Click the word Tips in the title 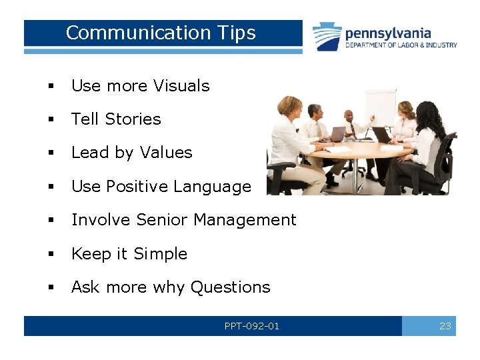(x=236, y=33)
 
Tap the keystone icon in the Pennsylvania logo (x=327, y=36)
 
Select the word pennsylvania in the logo (x=388, y=33)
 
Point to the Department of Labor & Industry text (x=401, y=45)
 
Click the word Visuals (x=181, y=86)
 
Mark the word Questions (x=230, y=287)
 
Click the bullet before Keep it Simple (x=50, y=255)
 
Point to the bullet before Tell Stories (x=50, y=120)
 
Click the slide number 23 (x=445, y=326)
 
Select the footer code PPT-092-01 (x=252, y=326)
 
